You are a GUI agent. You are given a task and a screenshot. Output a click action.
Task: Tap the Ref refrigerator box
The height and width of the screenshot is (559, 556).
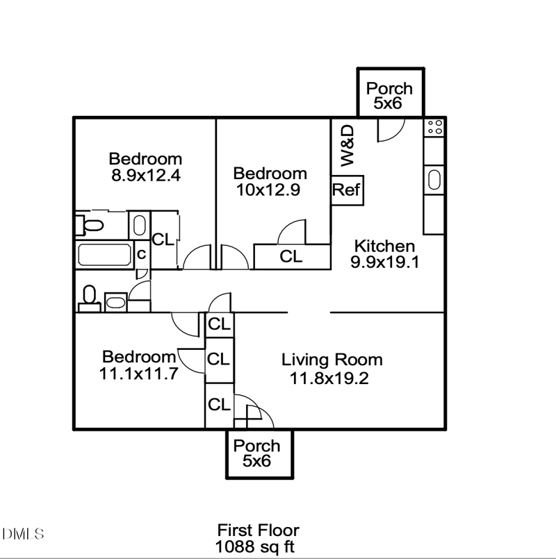pyautogui.click(x=346, y=190)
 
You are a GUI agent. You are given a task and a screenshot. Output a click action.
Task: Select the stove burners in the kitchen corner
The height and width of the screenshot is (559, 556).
pyautogui.click(x=435, y=126)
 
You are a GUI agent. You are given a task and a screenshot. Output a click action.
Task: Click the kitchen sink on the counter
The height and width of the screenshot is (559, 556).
pyautogui.click(x=434, y=179)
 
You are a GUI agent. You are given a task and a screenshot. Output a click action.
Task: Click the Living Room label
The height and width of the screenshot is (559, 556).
pyautogui.click(x=332, y=360)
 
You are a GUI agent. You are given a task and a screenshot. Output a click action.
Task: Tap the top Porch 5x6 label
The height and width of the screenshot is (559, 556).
pyautogui.click(x=389, y=96)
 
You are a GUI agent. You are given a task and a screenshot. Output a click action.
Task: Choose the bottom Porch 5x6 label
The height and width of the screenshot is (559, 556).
pyautogui.click(x=256, y=453)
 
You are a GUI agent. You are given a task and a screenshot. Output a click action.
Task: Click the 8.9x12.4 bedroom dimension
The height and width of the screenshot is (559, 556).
pyautogui.click(x=146, y=175)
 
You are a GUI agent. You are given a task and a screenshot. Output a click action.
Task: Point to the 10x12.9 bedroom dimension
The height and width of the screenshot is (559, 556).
pyautogui.click(x=268, y=190)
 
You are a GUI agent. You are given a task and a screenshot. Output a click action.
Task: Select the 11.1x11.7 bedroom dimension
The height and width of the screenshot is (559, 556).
pyautogui.click(x=140, y=373)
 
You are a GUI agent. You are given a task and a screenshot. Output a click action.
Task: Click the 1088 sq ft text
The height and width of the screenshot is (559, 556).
pyautogui.click(x=255, y=546)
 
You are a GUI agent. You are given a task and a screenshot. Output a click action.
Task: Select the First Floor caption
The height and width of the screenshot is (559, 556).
pyautogui.click(x=258, y=530)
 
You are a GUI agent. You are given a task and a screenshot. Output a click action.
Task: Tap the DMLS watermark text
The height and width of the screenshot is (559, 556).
pyautogui.click(x=22, y=534)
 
